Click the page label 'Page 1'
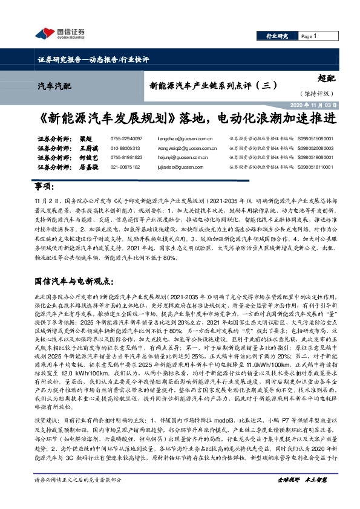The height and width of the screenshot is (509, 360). (x=308, y=37)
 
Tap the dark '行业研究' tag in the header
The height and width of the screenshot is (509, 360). (x=277, y=37)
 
